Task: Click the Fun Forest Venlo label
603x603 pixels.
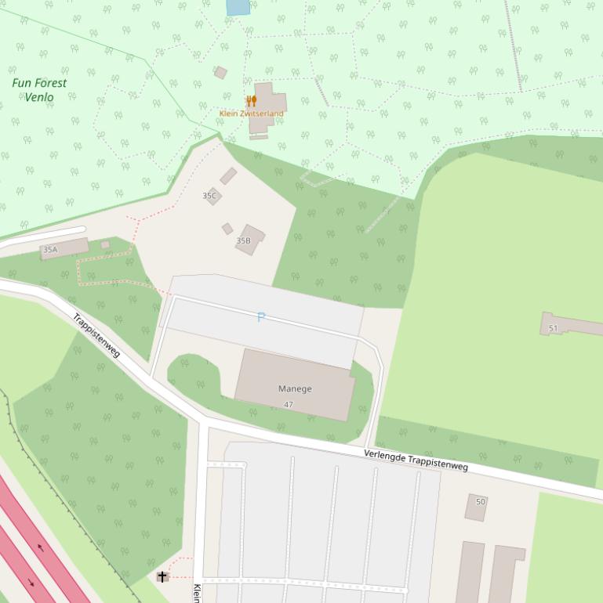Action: (x=39, y=90)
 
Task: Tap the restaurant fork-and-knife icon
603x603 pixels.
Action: (x=251, y=101)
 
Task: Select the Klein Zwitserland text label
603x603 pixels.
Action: (x=252, y=114)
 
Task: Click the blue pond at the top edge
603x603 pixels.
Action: (x=238, y=7)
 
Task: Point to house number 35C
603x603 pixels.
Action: (x=209, y=196)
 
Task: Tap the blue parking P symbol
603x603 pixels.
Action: (x=261, y=317)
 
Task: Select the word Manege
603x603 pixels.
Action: (x=295, y=388)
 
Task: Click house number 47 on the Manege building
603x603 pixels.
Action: (x=289, y=405)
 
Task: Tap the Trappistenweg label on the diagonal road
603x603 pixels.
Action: (x=96, y=335)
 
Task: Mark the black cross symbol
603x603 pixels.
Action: (x=162, y=577)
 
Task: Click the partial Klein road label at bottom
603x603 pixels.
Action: (x=197, y=592)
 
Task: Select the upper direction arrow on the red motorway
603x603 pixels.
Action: (x=40, y=547)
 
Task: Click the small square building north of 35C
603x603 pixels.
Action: (x=228, y=175)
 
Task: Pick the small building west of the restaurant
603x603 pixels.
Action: (x=220, y=73)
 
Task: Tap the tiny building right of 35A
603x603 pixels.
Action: (x=105, y=245)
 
